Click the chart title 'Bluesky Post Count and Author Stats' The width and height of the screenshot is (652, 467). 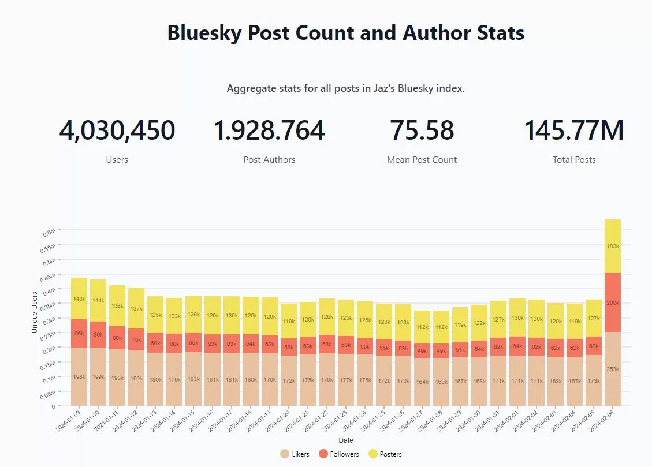point(345,33)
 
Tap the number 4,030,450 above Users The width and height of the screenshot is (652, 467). point(117,130)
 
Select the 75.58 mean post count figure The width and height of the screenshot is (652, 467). point(422,130)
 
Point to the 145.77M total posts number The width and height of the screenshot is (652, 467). point(573,130)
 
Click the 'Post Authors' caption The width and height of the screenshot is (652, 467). point(269,160)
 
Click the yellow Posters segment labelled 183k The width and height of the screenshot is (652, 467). point(613,246)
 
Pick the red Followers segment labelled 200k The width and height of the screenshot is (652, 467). point(613,302)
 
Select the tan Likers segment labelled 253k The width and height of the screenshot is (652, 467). point(613,369)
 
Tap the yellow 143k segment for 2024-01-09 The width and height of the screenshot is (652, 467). point(79,298)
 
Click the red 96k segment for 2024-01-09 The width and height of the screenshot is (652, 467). point(79,333)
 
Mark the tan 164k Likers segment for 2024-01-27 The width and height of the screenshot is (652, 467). point(423,382)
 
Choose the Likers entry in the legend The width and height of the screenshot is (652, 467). point(295,454)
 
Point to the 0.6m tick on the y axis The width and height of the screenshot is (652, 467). point(50,231)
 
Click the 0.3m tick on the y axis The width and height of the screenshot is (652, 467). point(50,320)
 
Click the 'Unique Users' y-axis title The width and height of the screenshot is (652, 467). point(35,311)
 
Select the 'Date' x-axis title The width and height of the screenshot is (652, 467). point(346,440)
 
